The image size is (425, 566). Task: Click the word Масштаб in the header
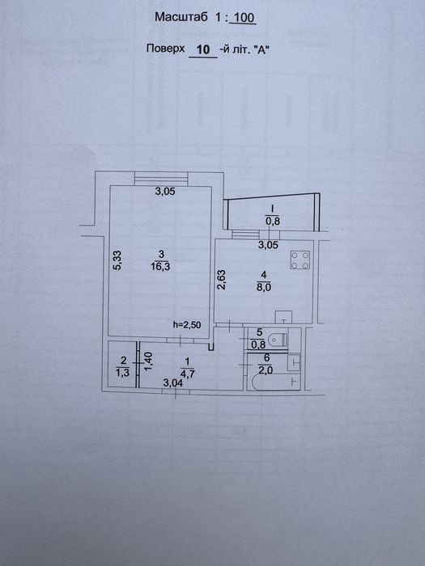(181, 17)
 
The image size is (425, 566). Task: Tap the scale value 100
(244, 18)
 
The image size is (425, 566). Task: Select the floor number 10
(203, 49)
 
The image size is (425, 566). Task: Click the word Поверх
(165, 49)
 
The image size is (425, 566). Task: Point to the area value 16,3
(161, 266)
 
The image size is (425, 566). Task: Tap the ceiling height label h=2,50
(187, 324)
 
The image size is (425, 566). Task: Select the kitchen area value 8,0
(264, 287)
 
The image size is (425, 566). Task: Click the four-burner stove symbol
(300, 260)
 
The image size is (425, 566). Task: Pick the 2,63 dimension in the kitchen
(221, 280)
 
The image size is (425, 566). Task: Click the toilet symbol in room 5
(280, 340)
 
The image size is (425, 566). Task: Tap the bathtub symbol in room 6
(276, 382)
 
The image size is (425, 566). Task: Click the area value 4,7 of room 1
(187, 374)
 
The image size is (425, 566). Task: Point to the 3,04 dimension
(172, 382)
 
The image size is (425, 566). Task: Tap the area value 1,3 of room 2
(122, 373)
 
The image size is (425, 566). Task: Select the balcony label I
(272, 209)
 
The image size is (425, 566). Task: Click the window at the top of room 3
(161, 179)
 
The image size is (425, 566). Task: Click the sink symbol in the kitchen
(283, 317)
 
